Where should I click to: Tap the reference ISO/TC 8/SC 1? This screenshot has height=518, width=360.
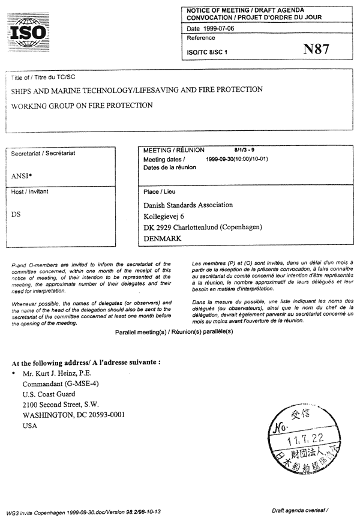coord(208,52)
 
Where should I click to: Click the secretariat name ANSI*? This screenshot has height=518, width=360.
coord(23,176)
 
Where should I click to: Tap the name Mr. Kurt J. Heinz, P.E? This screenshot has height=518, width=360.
coord(61,373)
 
